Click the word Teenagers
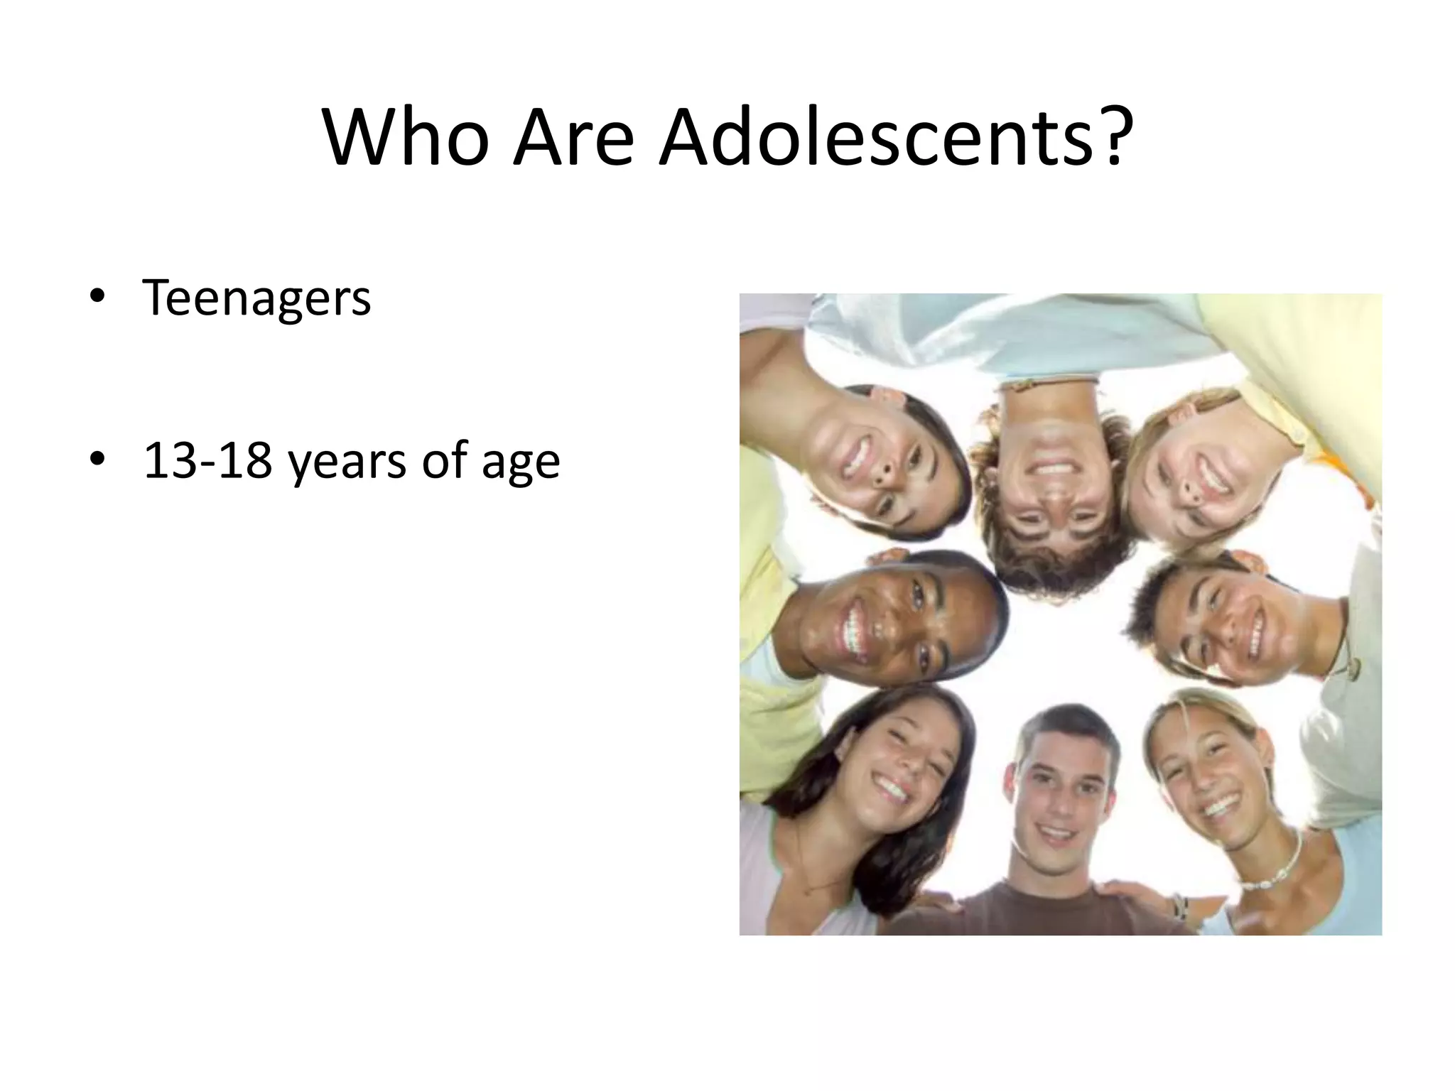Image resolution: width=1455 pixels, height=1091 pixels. click(x=256, y=298)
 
